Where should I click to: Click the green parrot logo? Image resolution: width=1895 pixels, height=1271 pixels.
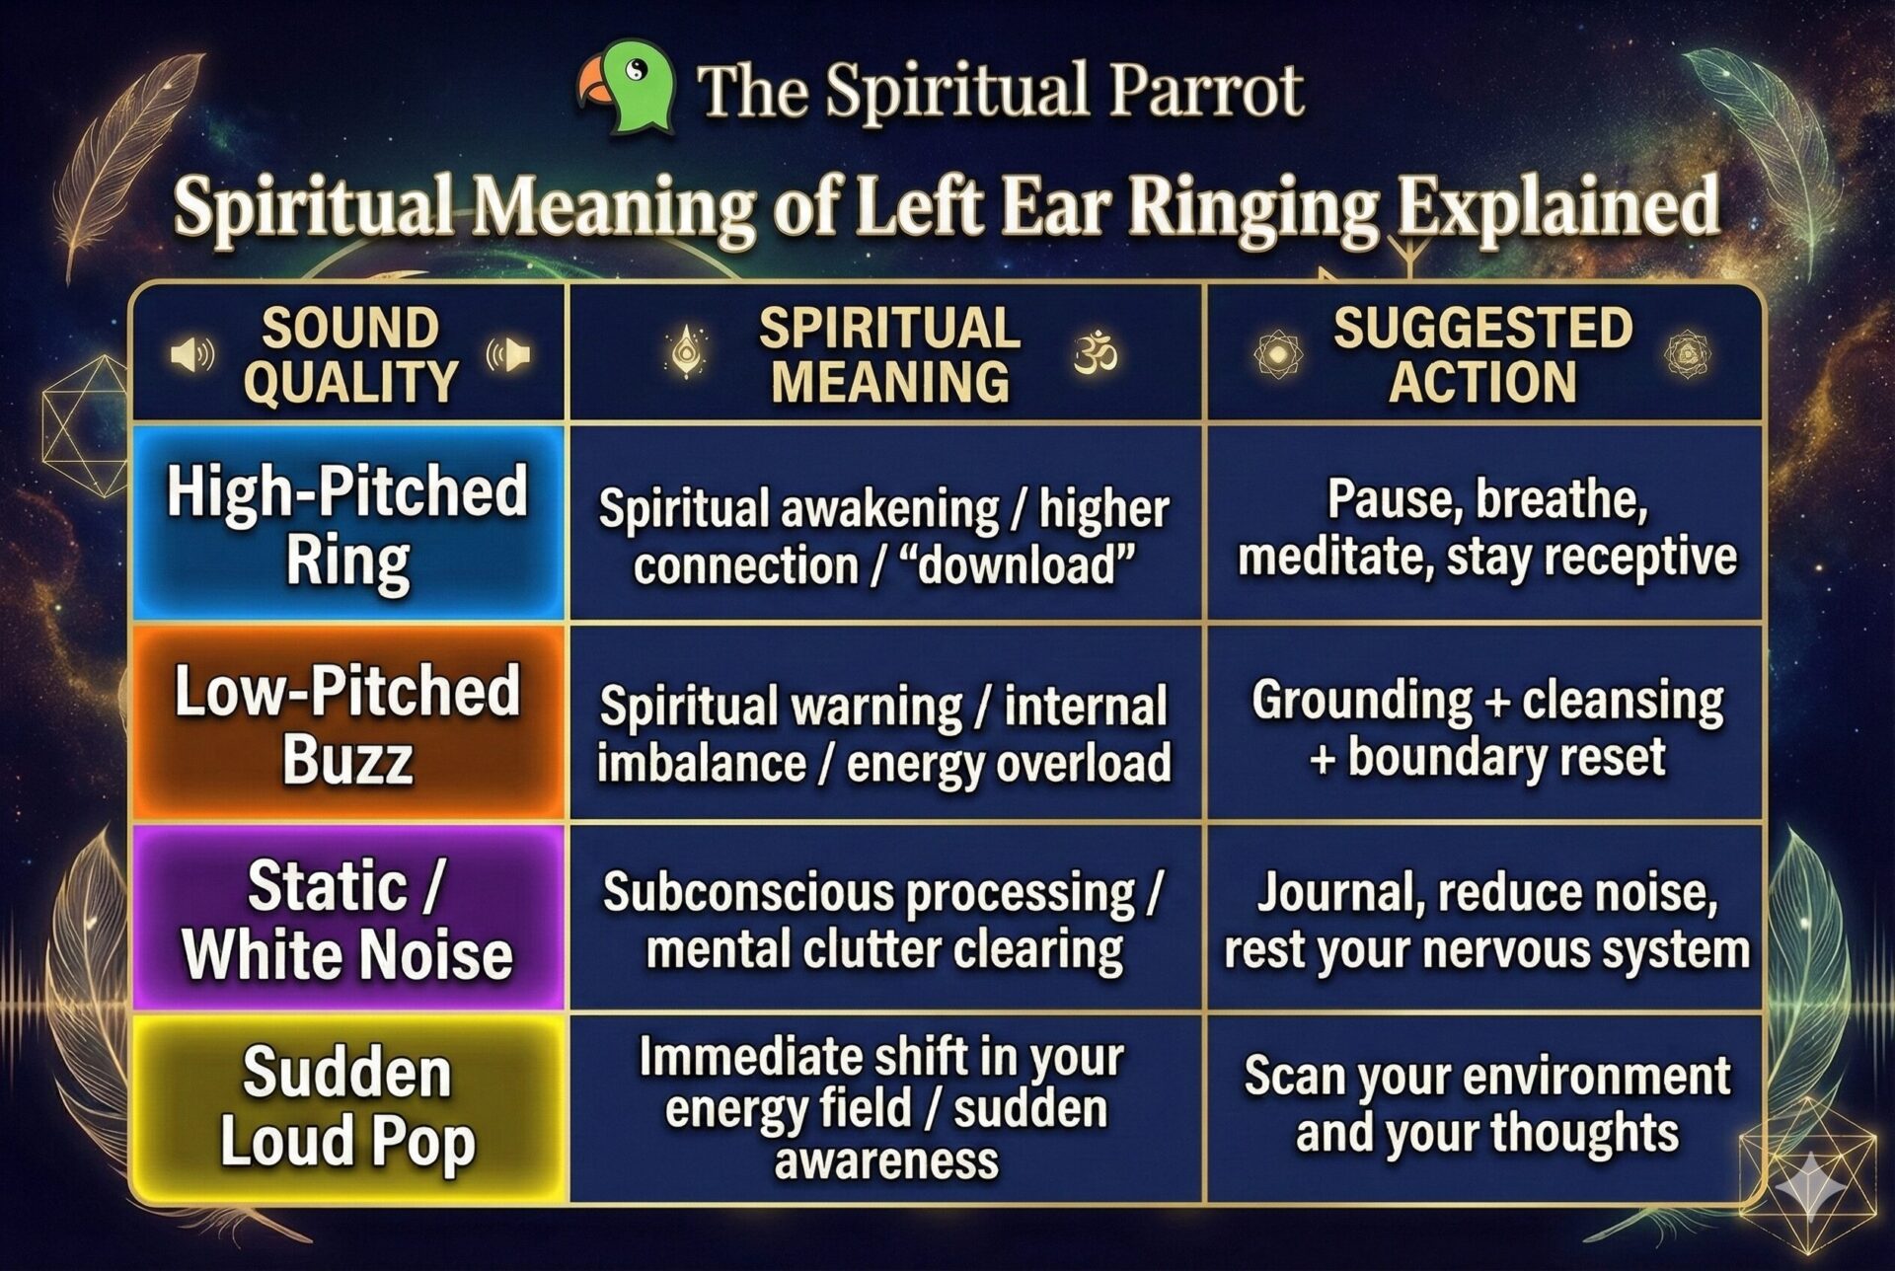628,87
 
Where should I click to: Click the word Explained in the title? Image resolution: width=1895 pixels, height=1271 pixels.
1558,208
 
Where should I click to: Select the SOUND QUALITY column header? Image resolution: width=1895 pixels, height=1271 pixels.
350,355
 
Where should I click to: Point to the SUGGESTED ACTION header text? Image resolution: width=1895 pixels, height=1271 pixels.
1482,355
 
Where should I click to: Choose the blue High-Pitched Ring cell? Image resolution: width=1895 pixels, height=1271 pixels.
348,524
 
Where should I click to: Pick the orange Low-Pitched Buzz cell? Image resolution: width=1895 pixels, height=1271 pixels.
348,723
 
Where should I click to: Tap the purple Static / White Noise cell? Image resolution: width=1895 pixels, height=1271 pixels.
348,919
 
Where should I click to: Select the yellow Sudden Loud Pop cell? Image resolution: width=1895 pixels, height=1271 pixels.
348,1107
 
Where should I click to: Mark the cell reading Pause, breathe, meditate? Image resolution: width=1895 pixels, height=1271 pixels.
1485,526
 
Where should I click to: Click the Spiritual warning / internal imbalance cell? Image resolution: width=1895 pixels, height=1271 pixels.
884,734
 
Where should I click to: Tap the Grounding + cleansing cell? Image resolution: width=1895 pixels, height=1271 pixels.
1485,727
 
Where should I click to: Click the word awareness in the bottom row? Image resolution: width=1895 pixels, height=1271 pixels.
885,1160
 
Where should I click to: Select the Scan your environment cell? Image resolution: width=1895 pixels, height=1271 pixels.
1485,1103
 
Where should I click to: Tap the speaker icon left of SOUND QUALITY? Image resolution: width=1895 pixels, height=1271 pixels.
192,354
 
